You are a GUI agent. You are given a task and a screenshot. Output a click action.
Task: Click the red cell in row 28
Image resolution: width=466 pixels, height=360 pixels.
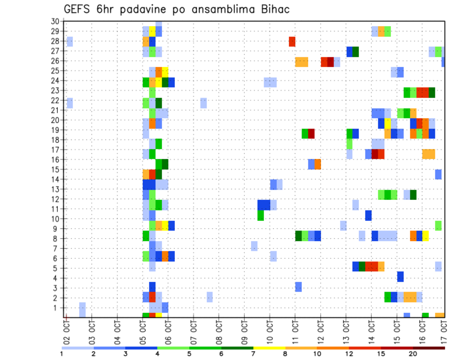(292, 41)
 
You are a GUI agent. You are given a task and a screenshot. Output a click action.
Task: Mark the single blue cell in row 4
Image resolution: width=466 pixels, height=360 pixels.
(400, 277)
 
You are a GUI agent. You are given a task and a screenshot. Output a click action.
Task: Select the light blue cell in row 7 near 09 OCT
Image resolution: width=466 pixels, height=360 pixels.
(254, 246)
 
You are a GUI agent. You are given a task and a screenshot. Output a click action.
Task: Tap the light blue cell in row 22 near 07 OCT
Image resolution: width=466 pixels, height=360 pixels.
(203, 103)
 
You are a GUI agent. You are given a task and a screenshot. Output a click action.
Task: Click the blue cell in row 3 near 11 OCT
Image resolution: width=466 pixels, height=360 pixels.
(298, 287)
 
